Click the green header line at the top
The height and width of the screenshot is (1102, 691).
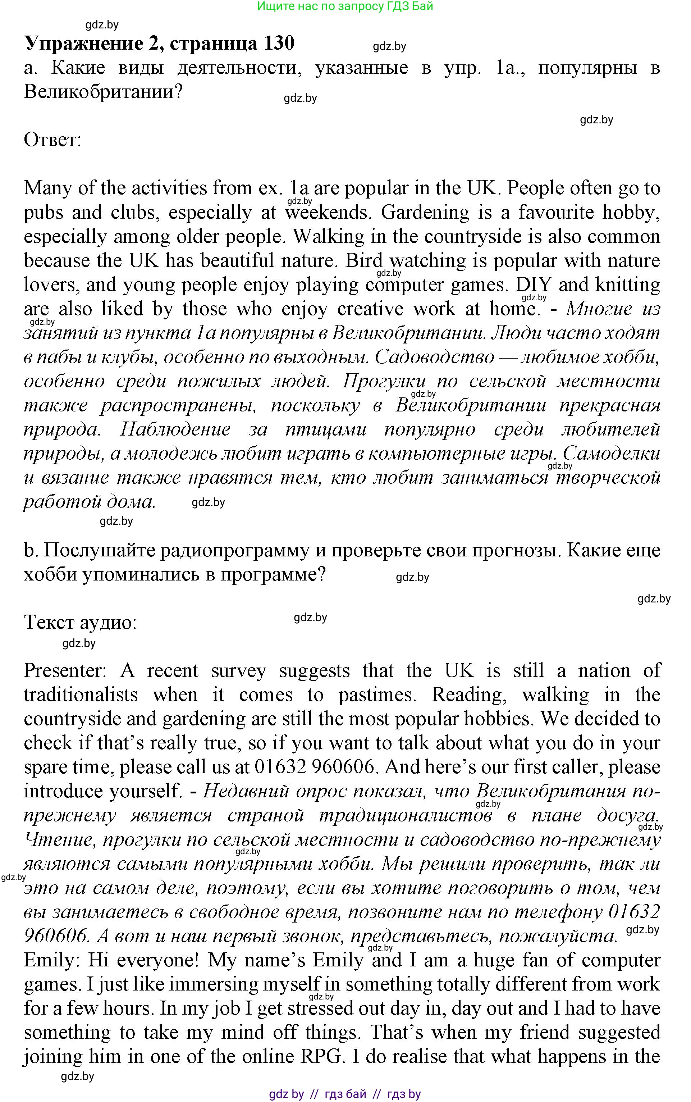(x=345, y=6)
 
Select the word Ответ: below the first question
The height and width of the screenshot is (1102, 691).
(x=52, y=140)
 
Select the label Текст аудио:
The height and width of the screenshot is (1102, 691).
(x=80, y=622)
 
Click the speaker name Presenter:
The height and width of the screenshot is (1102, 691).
(x=65, y=670)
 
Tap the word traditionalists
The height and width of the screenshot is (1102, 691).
(x=81, y=695)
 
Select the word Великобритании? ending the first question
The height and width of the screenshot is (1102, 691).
(x=103, y=92)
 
